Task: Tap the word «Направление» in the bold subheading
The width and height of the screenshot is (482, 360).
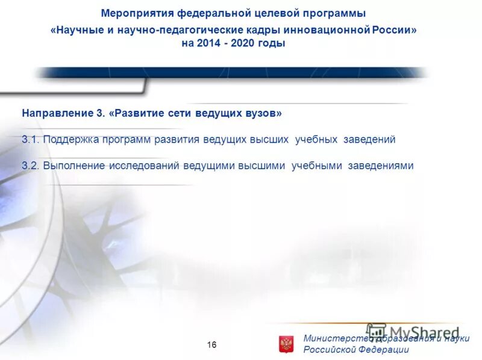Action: [x=51, y=113]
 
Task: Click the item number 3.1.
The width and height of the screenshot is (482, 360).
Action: [x=30, y=139]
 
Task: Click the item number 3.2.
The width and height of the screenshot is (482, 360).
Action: [x=30, y=166]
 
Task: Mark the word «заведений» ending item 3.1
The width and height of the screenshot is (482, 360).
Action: [x=369, y=139]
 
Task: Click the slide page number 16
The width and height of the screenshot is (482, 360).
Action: [x=211, y=345]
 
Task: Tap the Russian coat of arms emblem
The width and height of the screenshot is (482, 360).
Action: [x=286, y=344]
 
